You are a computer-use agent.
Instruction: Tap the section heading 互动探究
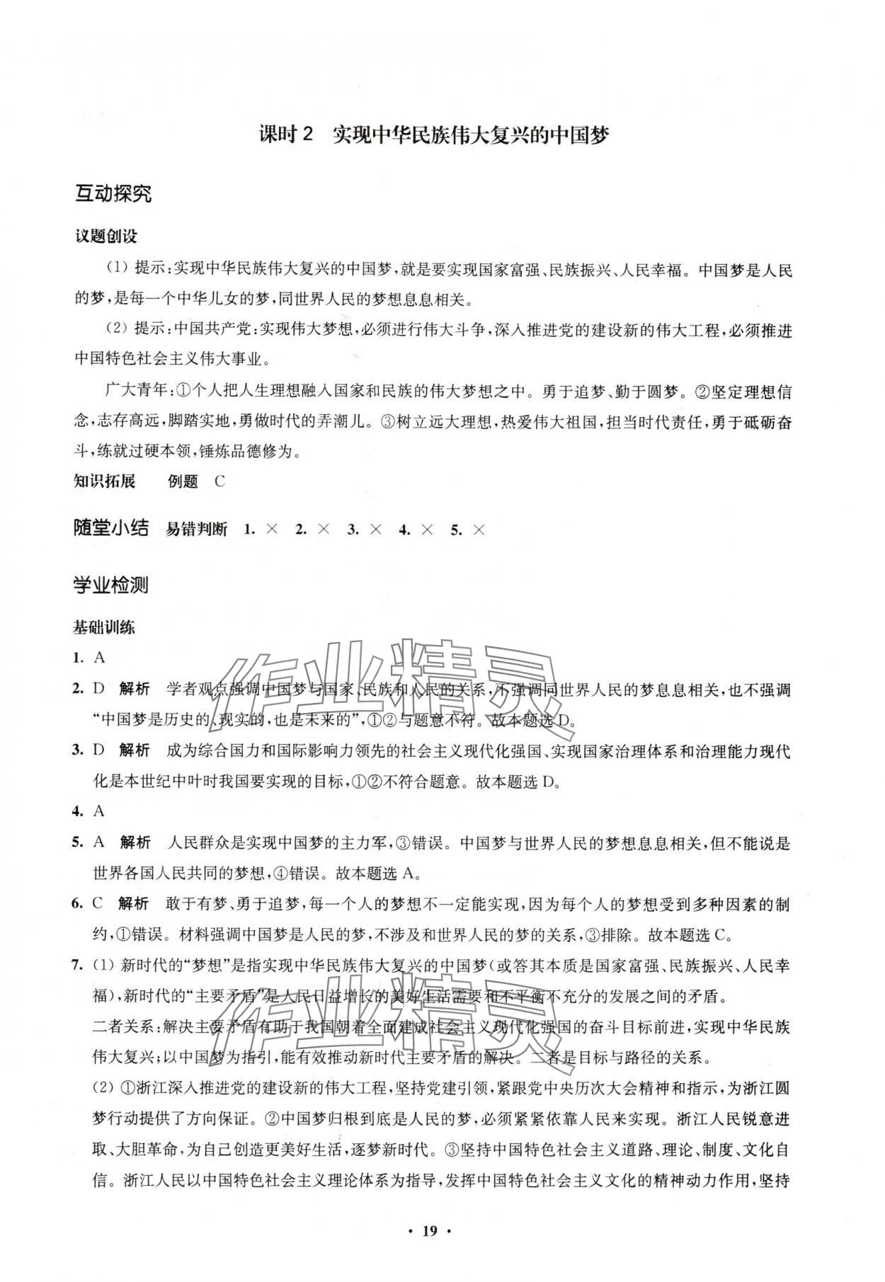(x=113, y=194)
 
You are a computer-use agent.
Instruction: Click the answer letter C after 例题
(x=219, y=481)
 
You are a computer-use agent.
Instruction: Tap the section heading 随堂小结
(x=111, y=528)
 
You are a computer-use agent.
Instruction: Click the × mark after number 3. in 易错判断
(x=375, y=530)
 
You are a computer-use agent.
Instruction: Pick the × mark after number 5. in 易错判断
(x=479, y=530)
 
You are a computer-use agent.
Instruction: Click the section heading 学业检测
(x=111, y=585)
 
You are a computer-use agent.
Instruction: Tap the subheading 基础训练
(x=104, y=627)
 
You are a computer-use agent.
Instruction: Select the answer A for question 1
(x=100, y=657)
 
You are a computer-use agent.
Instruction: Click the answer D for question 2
(x=99, y=689)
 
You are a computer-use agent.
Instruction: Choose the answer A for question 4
(x=99, y=811)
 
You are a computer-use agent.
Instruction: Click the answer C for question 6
(x=99, y=903)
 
